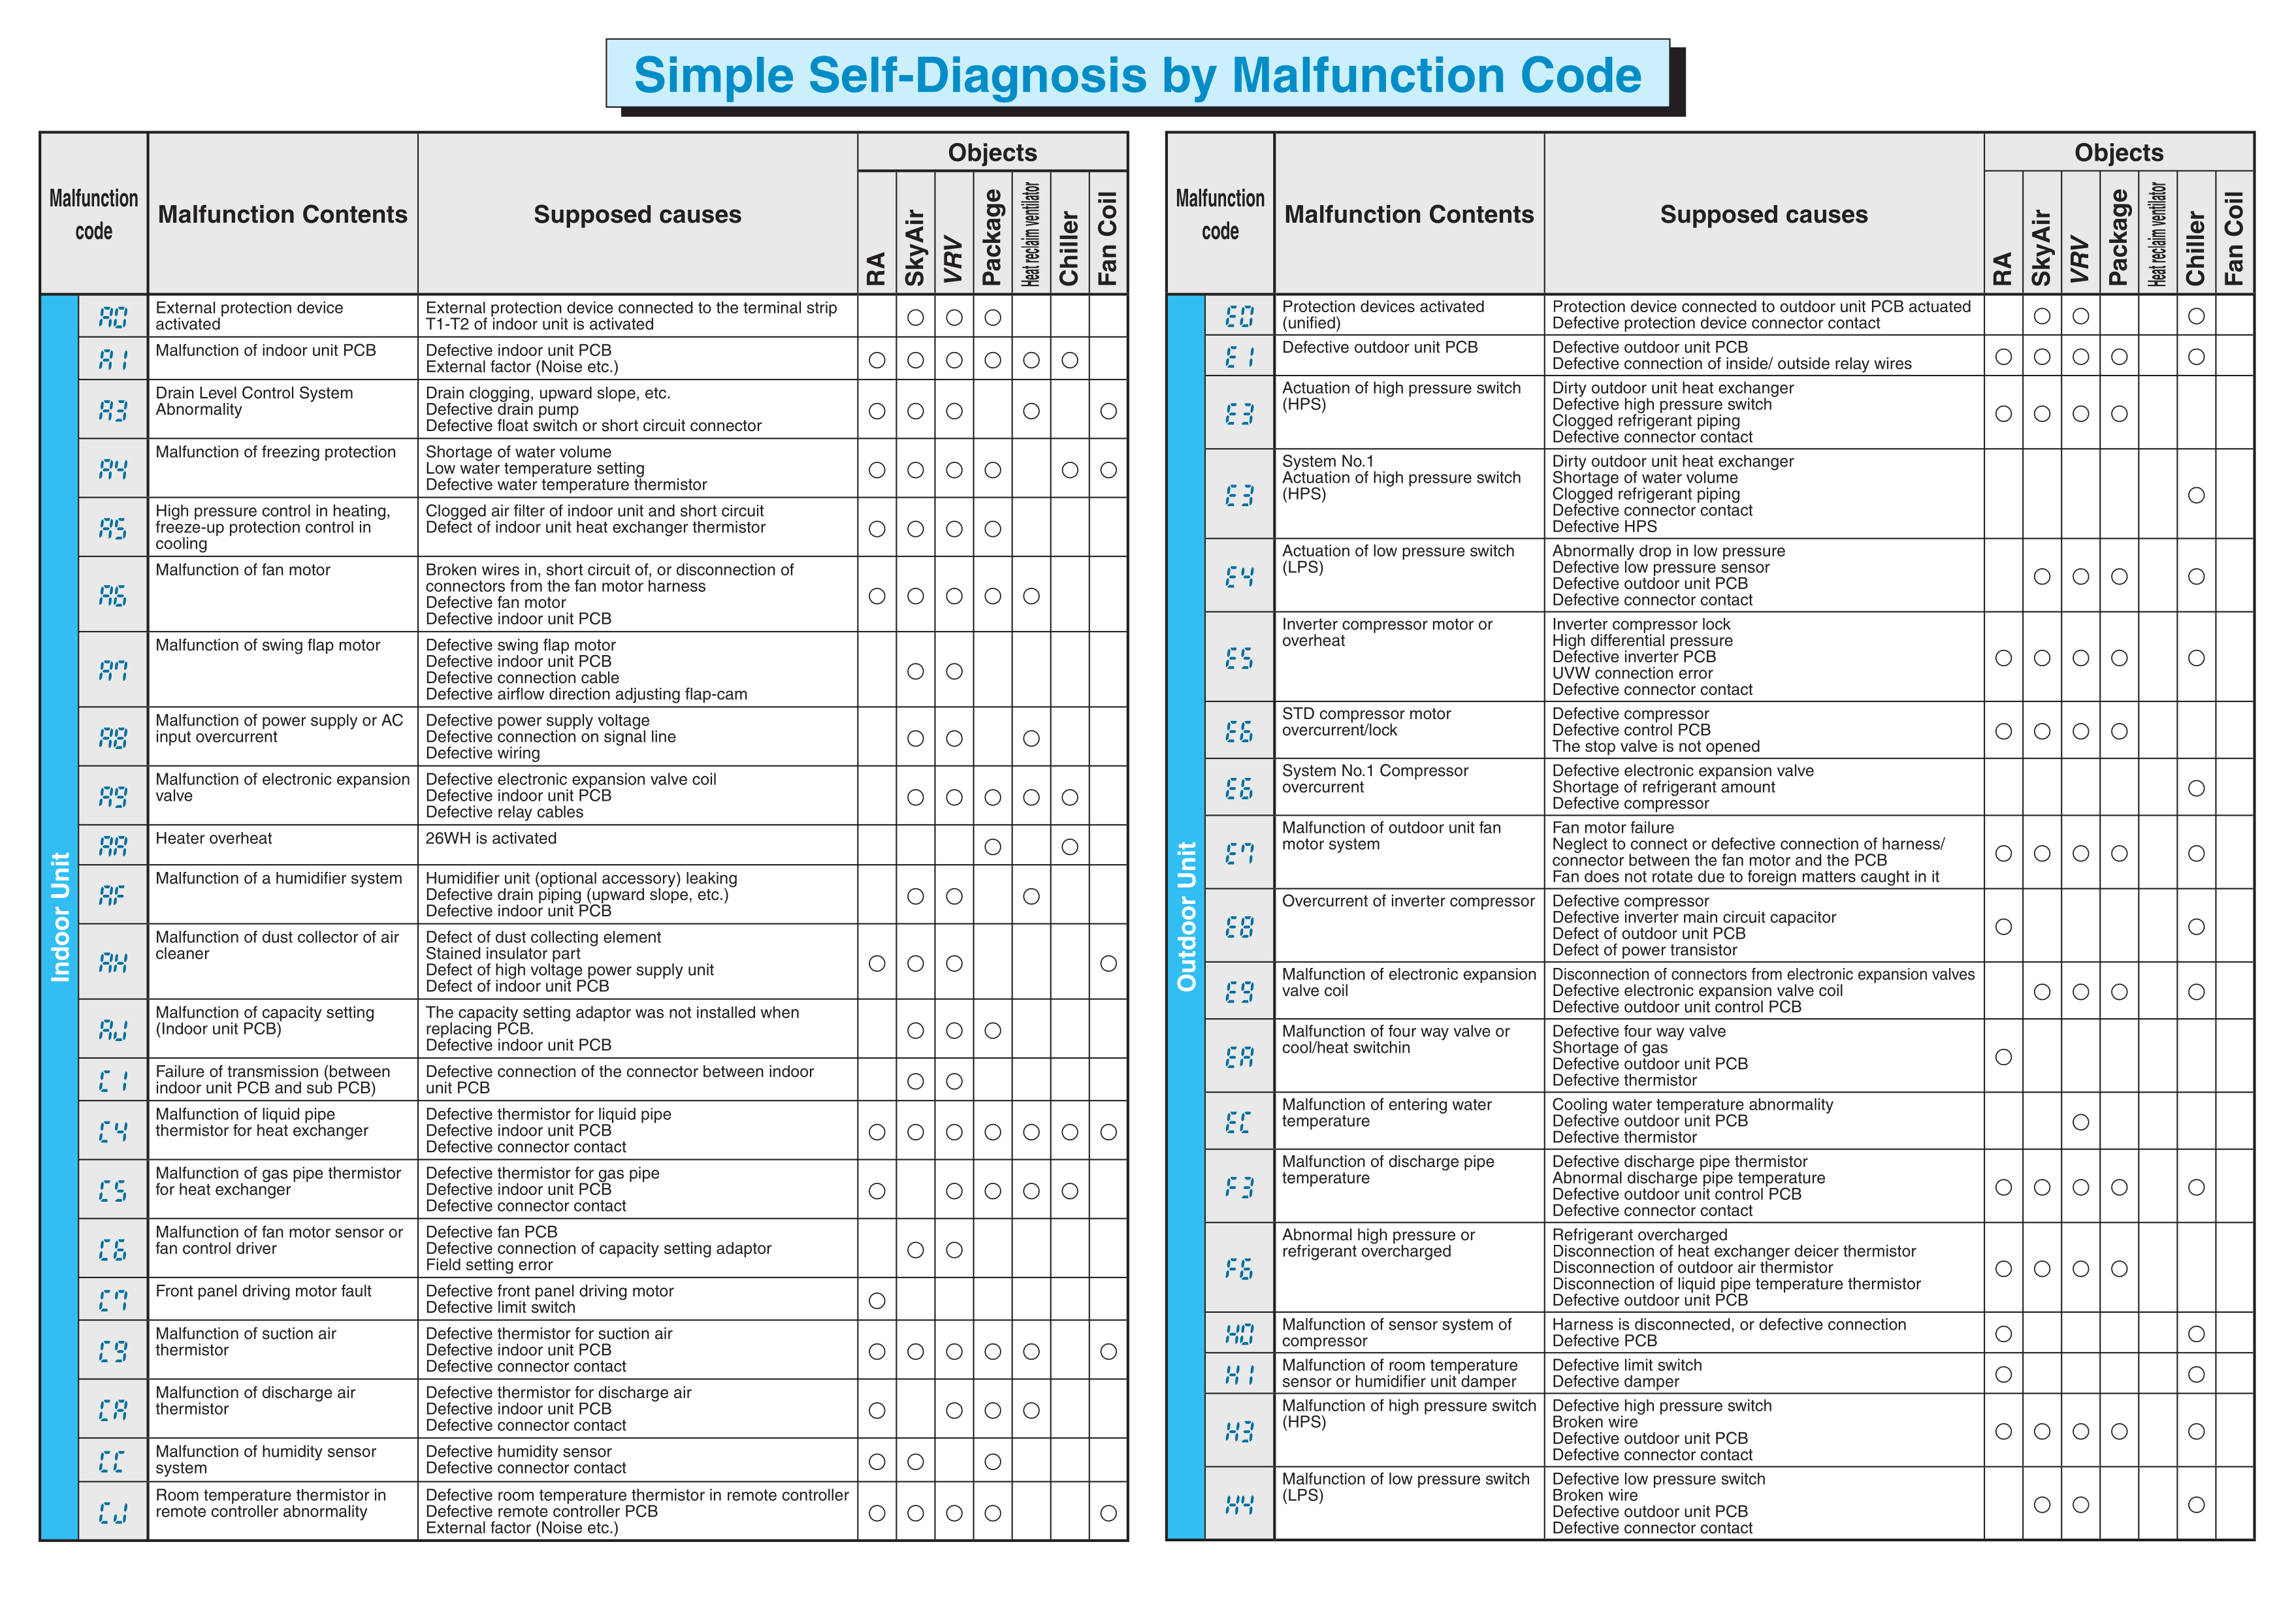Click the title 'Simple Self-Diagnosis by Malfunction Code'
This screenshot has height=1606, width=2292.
click(x=1137, y=75)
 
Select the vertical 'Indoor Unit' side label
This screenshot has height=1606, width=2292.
click(x=60, y=916)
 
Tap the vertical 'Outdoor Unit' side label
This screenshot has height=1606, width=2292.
click(x=1186, y=916)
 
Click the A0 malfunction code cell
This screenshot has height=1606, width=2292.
click(x=113, y=316)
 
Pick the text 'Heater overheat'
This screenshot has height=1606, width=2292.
click(x=214, y=839)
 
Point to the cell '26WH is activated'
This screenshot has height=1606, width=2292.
click(x=491, y=839)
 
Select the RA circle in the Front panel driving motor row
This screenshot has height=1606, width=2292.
click(x=877, y=1300)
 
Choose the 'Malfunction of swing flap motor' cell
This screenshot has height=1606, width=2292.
click(x=268, y=645)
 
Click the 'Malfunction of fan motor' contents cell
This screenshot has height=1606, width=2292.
click(x=242, y=570)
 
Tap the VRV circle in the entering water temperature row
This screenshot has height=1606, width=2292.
click(x=2080, y=1122)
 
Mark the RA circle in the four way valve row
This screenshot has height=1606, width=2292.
click(x=2003, y=1057)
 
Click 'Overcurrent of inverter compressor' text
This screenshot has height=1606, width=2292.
click(x=1408, y=901)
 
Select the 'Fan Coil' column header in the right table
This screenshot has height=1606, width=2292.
click(x=2234, y=238)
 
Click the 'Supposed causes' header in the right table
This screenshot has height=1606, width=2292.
click(x=1763, y=215)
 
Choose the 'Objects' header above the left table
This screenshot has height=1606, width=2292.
click(x=992, y=153)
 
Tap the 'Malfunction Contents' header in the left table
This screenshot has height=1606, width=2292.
click(x=283, y=215)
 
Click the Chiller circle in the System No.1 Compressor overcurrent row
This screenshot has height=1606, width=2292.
click(x=2196, y=788)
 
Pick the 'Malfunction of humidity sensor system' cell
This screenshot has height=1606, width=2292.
click(x=266, y=1459)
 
